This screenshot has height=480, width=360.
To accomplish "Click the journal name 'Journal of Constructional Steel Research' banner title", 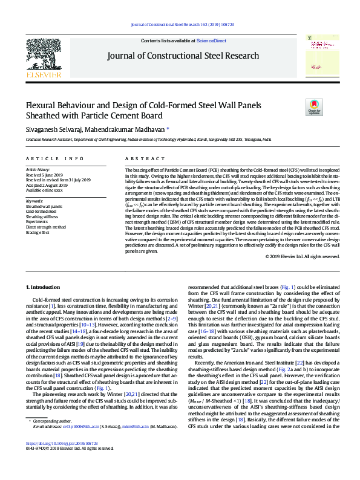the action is pos(183,56).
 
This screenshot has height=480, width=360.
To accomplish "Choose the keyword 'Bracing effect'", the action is pos(38,232).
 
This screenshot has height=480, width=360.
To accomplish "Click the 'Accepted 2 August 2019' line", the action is pos(50,184).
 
